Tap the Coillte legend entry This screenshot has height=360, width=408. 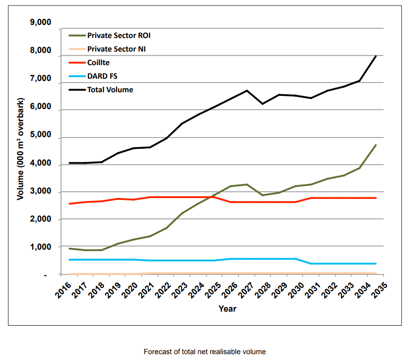coord(99,62)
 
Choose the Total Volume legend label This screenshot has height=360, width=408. coord(110,90)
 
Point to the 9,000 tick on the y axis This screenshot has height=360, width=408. coord(40,23)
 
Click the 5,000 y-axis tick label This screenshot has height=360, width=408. coord(40,137)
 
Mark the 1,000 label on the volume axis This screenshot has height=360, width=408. coord(40,247)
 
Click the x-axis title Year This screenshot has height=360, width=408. coord(227,309)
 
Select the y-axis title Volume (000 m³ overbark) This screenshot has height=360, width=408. coord(20,149)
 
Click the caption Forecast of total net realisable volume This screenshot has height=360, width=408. coord(204,351)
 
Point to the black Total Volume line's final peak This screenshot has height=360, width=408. coord(376,56)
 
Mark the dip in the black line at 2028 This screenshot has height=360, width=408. coord(262,104)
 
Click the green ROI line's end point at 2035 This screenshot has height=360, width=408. coord(376,145)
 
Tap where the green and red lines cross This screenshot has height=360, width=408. coord(212,197)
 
